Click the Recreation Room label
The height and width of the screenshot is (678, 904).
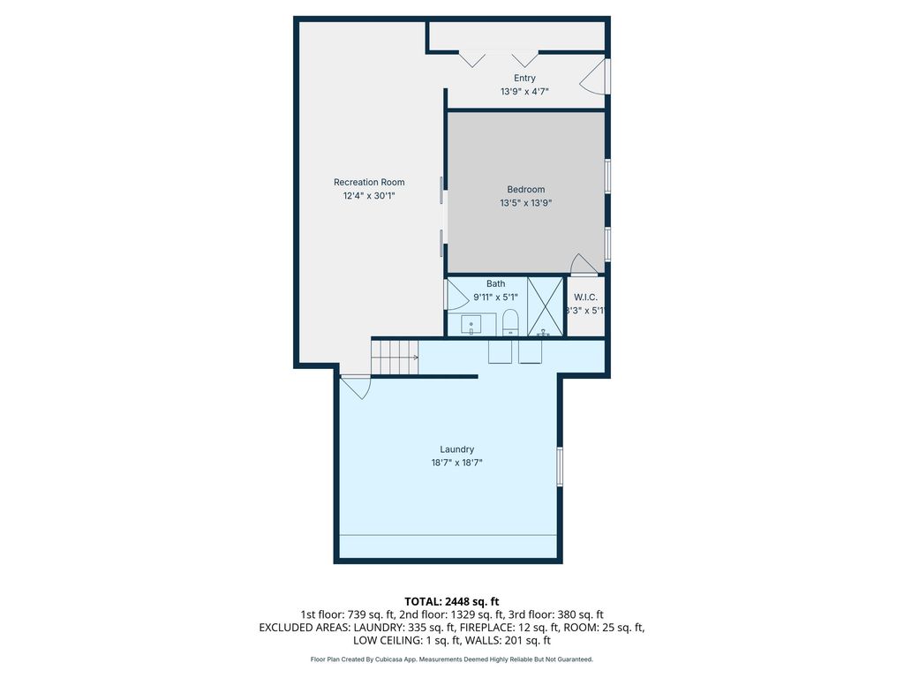click(x=369, y=182)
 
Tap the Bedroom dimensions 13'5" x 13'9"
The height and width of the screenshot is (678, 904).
click(x=526, y=203)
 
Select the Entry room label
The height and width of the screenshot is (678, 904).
click(x=524, y=78)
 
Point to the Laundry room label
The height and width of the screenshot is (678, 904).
click(x=456, y=449)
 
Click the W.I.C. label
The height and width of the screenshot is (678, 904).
click(x=585, y=298)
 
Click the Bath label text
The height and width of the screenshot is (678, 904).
click(x=496, y=283)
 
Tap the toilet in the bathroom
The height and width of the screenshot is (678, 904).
click(x=511, y=322)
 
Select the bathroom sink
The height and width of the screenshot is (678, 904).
click(x=471, y=325)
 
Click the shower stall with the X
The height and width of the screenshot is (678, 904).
click(x=546, y=306)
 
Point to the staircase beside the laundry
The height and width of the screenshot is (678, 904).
click(x=395, y=357)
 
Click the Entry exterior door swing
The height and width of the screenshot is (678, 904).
click(x=592, y=76)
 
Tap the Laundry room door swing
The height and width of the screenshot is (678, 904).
click(x=355, y=387)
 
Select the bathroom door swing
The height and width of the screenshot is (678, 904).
click(x=457, y=295)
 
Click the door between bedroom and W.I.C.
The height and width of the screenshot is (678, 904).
click(x=584, y=265)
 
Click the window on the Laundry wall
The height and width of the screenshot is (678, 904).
click(x=559, y=466)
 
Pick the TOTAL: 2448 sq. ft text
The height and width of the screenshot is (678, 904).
click(x=451, y=602)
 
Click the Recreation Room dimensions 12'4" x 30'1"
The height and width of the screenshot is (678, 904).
click(x=369, y=196)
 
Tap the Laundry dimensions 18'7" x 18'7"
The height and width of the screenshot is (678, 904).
click(x=456, y=463)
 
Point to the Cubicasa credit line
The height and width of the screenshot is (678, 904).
click(x=451, y=659)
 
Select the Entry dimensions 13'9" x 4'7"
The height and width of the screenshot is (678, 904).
click(x=524, y=91)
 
